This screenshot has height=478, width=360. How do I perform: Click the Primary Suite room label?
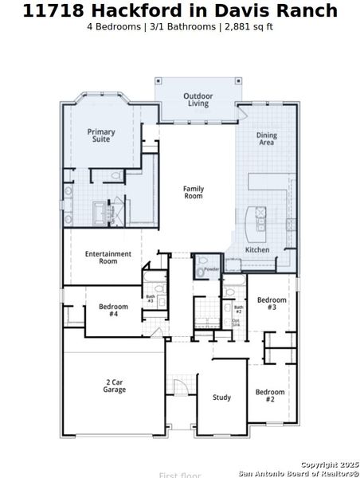pyautogui.click(x=101, y=135)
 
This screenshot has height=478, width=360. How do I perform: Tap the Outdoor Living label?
pyautogui.click(x=198, y=100)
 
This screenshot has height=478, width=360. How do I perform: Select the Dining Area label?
pyautogui.click(x=267, y=139)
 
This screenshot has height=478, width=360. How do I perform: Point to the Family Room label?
pyautogui.click(x=194, y=192)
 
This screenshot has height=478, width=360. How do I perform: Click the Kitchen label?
pyautogui.click(x=256, y=250)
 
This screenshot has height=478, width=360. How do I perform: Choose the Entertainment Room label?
pyautogui.click(x=108, y=257)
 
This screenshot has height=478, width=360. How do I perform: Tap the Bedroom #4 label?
pyautogui.click(x=113, y=310)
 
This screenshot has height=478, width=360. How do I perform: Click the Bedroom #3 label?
pyautogui.click(x=272, y=304)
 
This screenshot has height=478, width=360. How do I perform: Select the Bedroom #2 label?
pyautogui.click(x=270, y=395)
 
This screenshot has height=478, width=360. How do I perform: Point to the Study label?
pyautogui.click(x=221, y=398)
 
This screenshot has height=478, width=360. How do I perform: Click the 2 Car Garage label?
pyautogui.click(x=114, y=386)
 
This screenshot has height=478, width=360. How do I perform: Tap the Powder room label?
pyautogui.click(x=211, y=269)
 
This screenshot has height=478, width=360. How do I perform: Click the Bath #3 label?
pyautogui.click(x=150, y=299)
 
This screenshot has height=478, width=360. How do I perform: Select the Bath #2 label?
pyautogui.click(x=238, y=308)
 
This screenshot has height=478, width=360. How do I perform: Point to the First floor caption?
pyautogui.click(x=180, y=475)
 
